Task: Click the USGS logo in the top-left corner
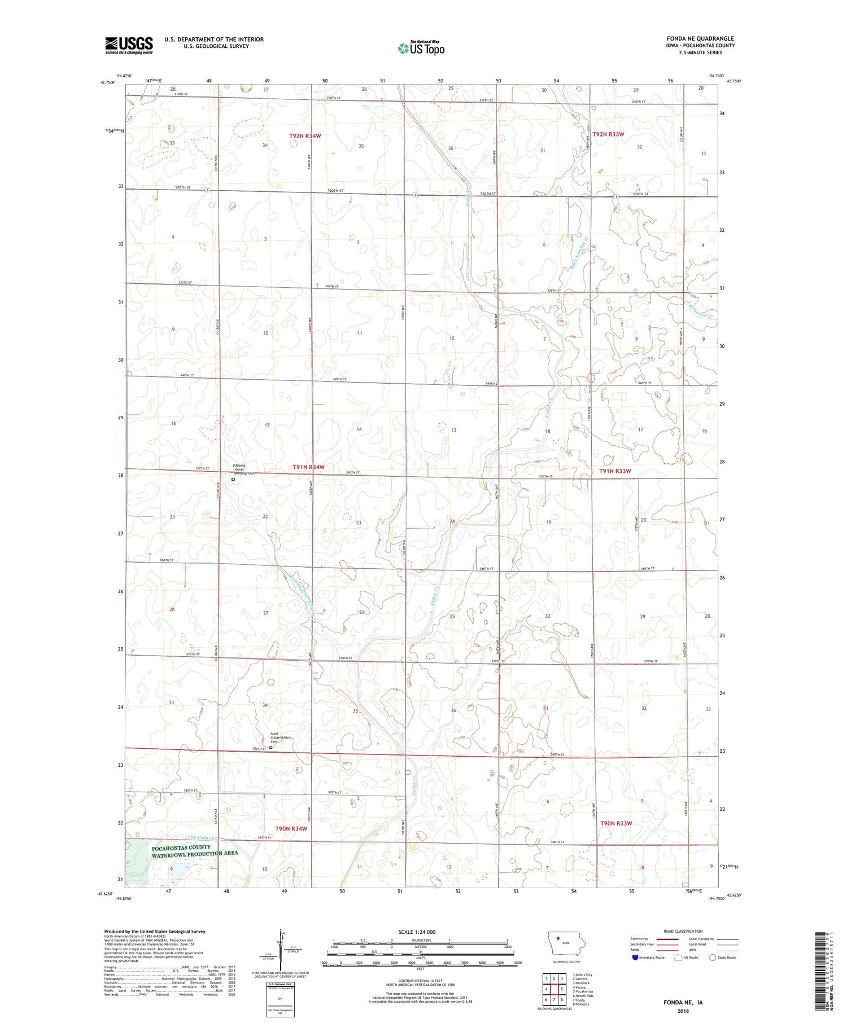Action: point(129,45)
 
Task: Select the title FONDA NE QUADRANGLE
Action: point(700,39)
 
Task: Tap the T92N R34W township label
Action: point(305,136)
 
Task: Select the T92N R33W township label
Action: point(608,134)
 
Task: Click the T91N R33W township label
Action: point(615,471)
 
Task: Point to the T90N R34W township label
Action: point(291,828)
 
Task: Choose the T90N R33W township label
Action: point(616,823)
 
